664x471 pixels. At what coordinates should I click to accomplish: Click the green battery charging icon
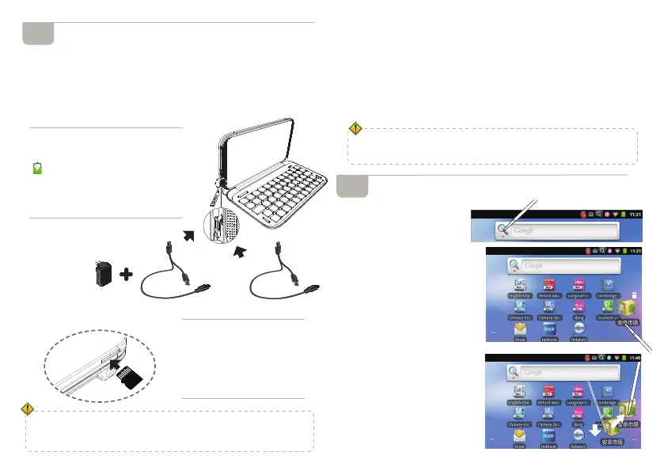[x=37, y=169]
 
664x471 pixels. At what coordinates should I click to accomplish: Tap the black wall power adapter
[x=102, y=276]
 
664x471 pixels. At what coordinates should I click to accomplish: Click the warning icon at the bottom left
[x=28, y=409]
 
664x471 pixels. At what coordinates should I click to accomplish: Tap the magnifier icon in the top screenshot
[x=503, y=230]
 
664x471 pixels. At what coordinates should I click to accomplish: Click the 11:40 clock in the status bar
[x=641, y=359]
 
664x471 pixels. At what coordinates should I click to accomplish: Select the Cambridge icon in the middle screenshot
[x=608, y=287]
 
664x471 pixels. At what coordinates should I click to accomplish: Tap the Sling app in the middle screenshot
[x=579, y=308]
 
